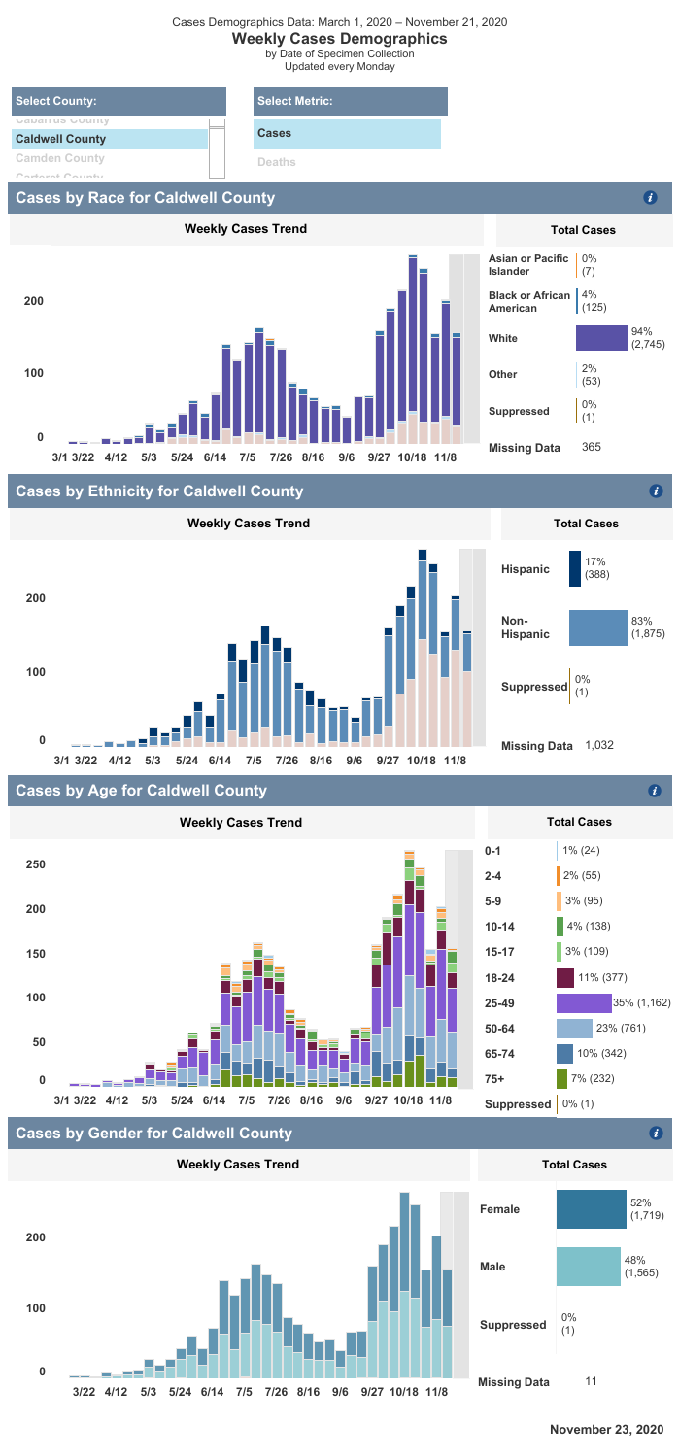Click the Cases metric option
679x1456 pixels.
click(x=347, y=133)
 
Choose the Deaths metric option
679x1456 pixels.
click(x=278, y=163)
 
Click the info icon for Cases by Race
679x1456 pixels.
click(x=652, y=198)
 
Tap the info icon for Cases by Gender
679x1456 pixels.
click(x=657, y=1133)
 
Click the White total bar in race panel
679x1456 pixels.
click(x=601, y=338)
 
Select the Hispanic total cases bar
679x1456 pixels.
click(x=574, y=569)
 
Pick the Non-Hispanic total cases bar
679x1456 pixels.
click(x=597, y=627)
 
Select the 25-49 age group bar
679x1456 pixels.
click(x=583, y=1001)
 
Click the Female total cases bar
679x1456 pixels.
click(x=591, y=1209)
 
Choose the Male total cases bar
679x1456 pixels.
click(x=588, y=1267)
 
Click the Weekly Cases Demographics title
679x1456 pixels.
click(x=339, y=38)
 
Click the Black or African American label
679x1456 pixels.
click(x=528, y=301)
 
